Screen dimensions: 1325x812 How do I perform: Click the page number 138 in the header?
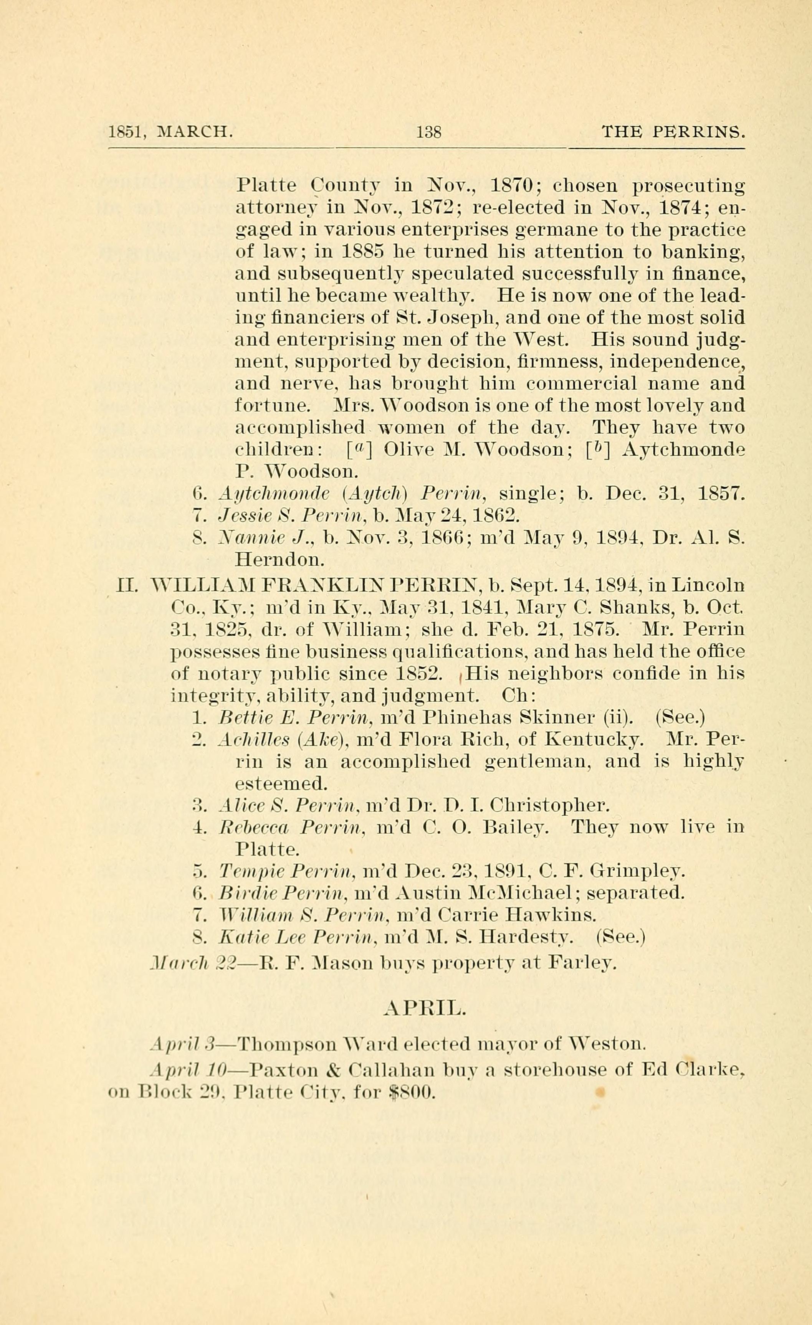coord(428,131)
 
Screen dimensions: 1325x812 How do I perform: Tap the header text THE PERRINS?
coord(673,131)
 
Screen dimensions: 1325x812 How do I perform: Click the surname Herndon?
coord(279,560)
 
